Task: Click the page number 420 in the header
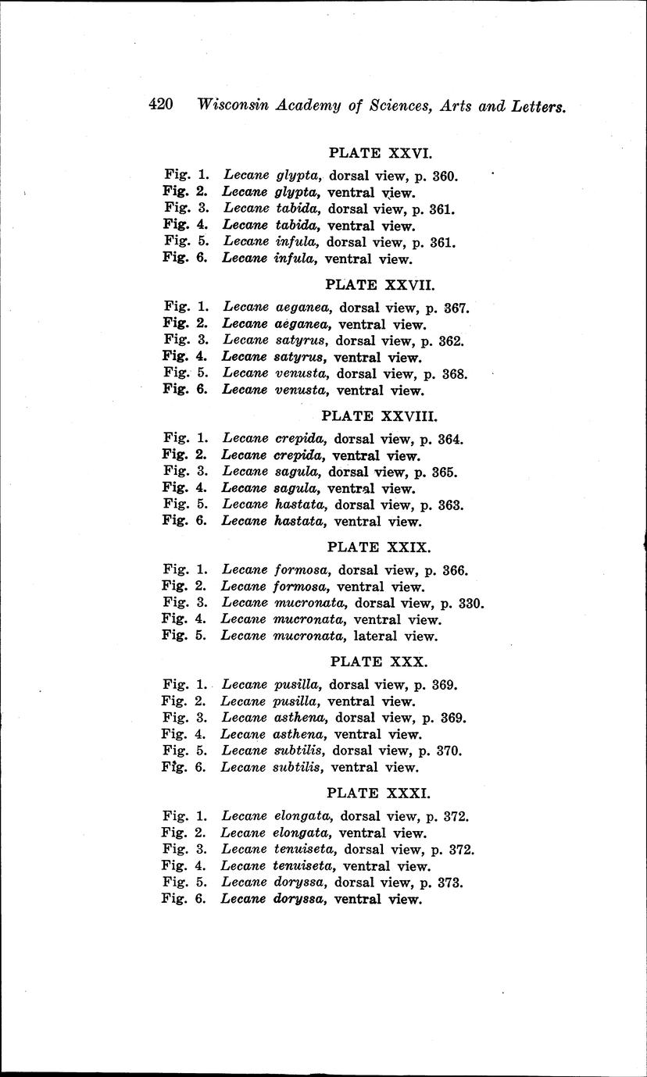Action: tap(160, 105)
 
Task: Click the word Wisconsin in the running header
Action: tap(232, 105)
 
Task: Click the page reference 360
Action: tap(445, 177)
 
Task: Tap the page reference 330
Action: tap(473, 603)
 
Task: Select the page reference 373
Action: tap(452, 883)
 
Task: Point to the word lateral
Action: tap(377, 636)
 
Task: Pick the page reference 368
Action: tap(455, 373)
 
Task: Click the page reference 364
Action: tap(451, 439)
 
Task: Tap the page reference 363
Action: tap(452, 505)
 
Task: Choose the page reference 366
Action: tap(455, 570)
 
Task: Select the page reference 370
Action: tap(449, 751)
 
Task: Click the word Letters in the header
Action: tap(539, 106)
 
